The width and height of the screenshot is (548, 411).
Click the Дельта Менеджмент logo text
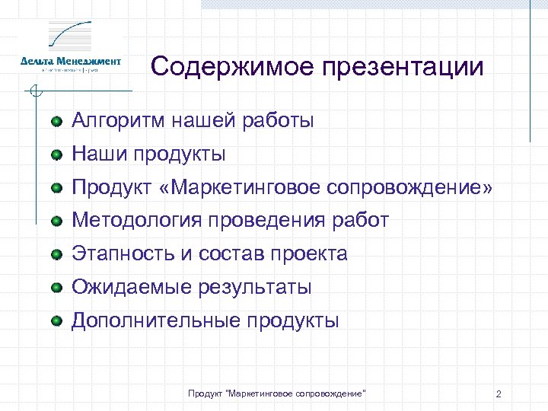pyautogui.click(x=71, y=61)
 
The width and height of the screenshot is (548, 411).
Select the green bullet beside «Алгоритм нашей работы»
pyautogui.click(x=57, y=121)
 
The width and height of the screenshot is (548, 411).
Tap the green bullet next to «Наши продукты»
pyautogui.click(x=57, y=155)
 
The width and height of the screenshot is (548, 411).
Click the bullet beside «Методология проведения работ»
pyautogui.click(x=57, y=221)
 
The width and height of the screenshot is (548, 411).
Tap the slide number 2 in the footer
pyautogui.click(x=498, y=394)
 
